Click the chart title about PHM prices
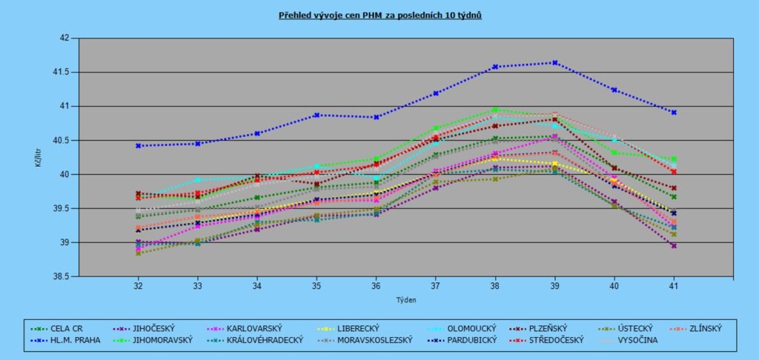click(x=379, y=15)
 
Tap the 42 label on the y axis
click(x=64, y=39)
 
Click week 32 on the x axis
click(x=138, y=285)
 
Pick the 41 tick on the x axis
click(x=674, y=285)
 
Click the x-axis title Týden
click(x=405, y=300)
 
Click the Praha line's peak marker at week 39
click(x=555, y=63)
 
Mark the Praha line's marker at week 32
click(x=138, y=146)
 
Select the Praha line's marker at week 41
click(x=674, y=113)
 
